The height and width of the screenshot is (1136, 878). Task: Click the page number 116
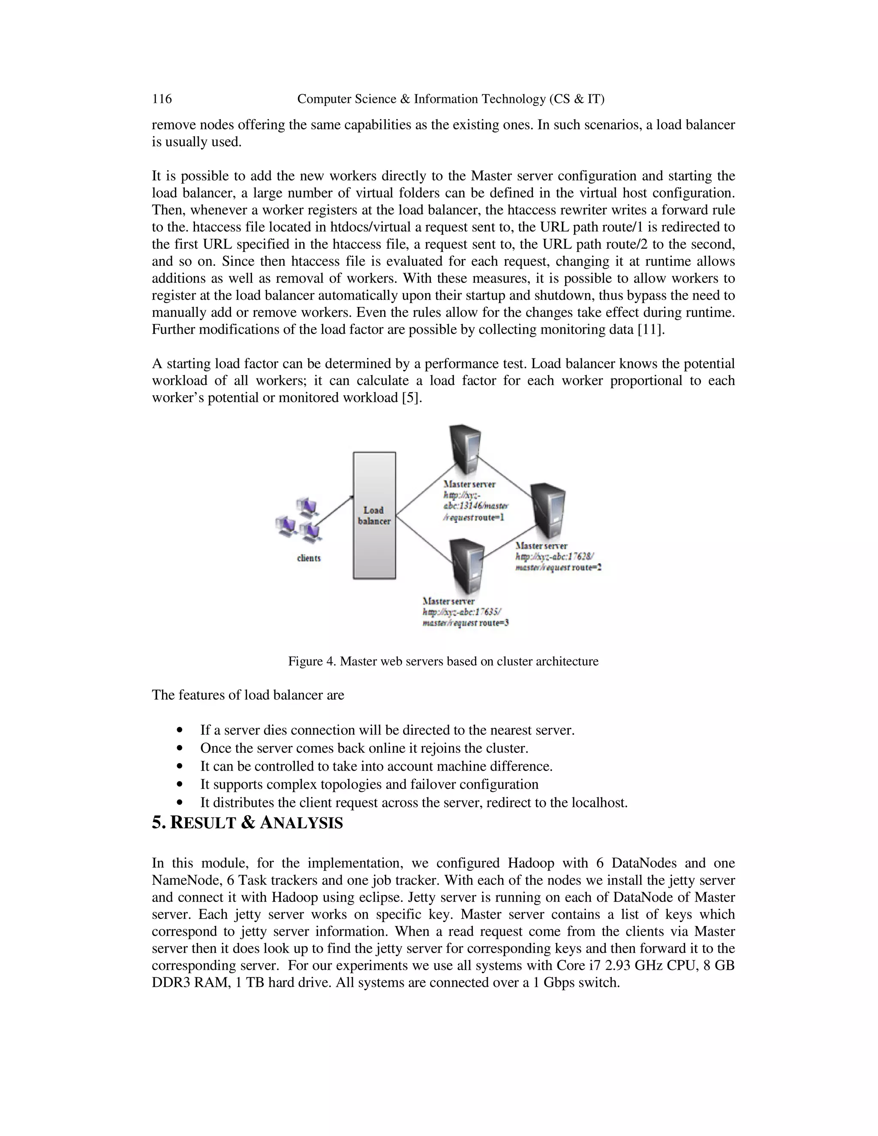(x=162, y=99)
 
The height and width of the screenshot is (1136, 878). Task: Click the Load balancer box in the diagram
(x=374, y=515)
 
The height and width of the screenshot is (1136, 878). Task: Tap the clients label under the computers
(x=308, y=558)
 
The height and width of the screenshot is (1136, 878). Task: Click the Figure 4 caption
(x=443, y=661)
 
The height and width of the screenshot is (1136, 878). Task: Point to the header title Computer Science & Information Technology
(x=451, y=99)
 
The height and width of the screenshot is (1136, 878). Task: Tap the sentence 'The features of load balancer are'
(x=248, y=695)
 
